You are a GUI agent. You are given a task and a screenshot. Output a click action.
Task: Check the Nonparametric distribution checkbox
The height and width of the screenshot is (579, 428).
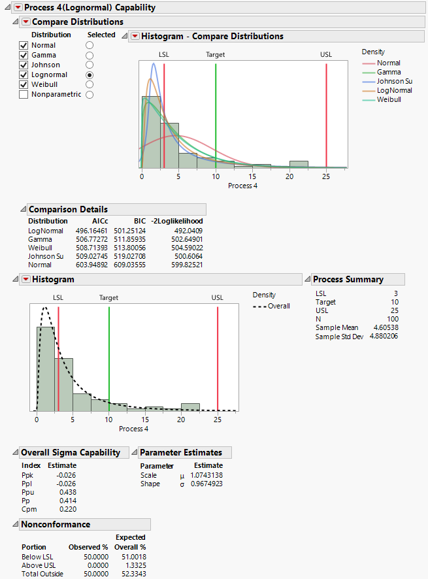click(24, 94)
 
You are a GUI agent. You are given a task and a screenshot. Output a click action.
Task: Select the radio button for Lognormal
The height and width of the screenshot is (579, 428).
click(90, 74)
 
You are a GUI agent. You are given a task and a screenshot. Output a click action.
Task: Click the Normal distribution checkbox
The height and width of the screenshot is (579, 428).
click(24, 45)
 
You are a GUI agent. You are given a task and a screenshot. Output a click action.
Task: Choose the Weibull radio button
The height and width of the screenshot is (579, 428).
click(90, 84)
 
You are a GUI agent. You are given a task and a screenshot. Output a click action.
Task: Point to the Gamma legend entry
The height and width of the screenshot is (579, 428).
click(389, 72)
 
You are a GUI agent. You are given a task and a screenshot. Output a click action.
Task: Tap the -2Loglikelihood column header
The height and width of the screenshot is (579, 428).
click(177, 222)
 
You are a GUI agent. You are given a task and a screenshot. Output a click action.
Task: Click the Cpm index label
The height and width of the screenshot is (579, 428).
click(29, 508)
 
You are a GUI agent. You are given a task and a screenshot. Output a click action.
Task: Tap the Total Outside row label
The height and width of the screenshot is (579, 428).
click(42, 574)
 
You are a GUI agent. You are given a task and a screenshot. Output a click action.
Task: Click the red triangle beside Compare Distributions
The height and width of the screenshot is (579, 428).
click(27, 22)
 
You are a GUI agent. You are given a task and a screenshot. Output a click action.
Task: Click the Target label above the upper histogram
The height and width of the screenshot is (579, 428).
click(215, 55)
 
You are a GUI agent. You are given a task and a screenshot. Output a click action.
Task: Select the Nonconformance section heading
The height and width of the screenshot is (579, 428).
click(56, 524)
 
